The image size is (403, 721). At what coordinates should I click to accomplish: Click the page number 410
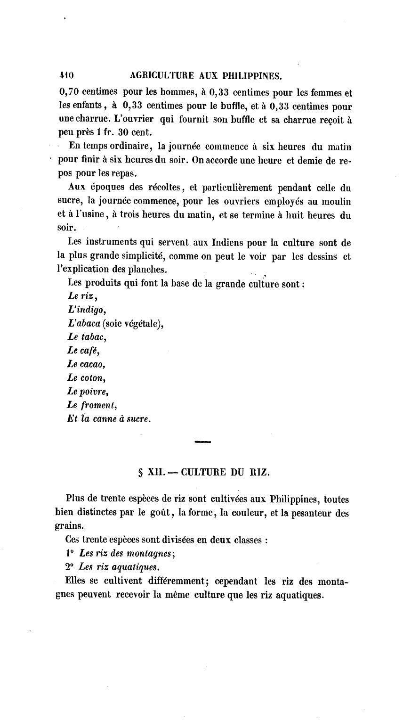click(66, 75)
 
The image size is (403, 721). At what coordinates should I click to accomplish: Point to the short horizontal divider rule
click(202, 442)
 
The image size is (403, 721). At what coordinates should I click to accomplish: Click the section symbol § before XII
click(141, 473)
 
